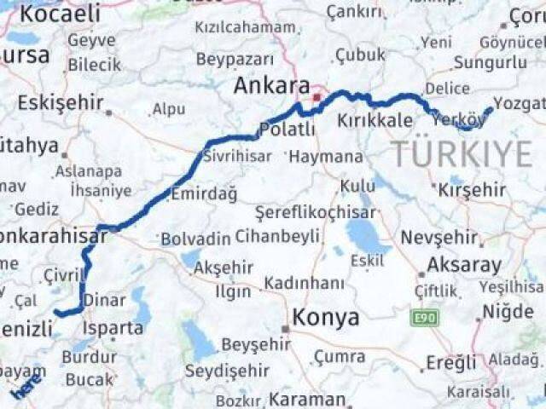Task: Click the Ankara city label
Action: pos(271,87)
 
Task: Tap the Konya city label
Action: pos(326,318)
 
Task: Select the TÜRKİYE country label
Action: pos(462,154)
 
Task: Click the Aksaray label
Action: pos(464,263)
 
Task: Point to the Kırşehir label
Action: pos(477,189)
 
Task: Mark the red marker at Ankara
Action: pos(316,98)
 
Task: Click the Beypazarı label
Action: pos(235,59)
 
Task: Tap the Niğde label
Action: pos(508,312)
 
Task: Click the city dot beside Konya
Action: pos(287,328)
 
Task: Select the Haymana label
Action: pos(325,158)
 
